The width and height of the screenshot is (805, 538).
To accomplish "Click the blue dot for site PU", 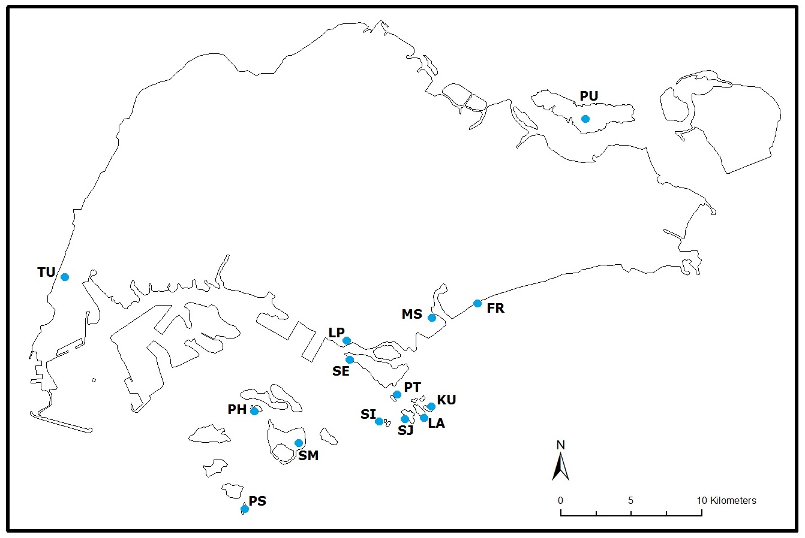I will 585,119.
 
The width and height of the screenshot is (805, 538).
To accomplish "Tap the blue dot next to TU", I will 65,277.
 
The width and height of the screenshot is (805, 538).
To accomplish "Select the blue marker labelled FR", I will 477,303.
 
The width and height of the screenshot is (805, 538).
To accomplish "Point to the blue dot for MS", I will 432,318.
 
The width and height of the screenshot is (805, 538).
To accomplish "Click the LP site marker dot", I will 347,341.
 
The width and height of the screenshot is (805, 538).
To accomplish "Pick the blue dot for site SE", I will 350,359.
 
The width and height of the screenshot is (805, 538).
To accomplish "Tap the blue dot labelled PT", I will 397,394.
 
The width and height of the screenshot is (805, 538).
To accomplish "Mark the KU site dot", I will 431,406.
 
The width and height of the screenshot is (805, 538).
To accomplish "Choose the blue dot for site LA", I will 424,418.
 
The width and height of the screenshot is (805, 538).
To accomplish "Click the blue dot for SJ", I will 405,419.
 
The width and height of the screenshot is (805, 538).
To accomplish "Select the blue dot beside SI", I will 379,421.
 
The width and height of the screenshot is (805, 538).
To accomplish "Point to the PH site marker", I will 254,411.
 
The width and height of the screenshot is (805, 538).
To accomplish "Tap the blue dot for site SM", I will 299,443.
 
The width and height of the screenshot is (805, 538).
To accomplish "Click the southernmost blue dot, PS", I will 245,509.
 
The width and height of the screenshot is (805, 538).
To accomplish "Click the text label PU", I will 588,96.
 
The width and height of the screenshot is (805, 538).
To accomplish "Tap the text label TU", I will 46,273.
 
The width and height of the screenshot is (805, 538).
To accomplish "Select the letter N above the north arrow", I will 560,445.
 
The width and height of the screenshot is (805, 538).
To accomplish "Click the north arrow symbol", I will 560,467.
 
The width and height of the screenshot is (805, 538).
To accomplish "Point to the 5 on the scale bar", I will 630,500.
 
